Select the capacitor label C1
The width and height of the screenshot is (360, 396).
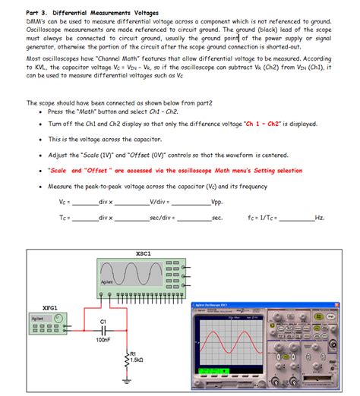click(103, 322)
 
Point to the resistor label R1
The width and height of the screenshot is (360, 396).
click(134, 354)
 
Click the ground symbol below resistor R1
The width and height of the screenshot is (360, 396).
click(127, 382)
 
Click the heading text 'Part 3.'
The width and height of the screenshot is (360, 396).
click(39, 13)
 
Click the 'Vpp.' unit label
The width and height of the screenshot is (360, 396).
click(216, 203)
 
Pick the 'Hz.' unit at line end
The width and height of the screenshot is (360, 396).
click(320, 218)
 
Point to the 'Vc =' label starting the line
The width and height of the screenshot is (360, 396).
click(65, 203)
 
